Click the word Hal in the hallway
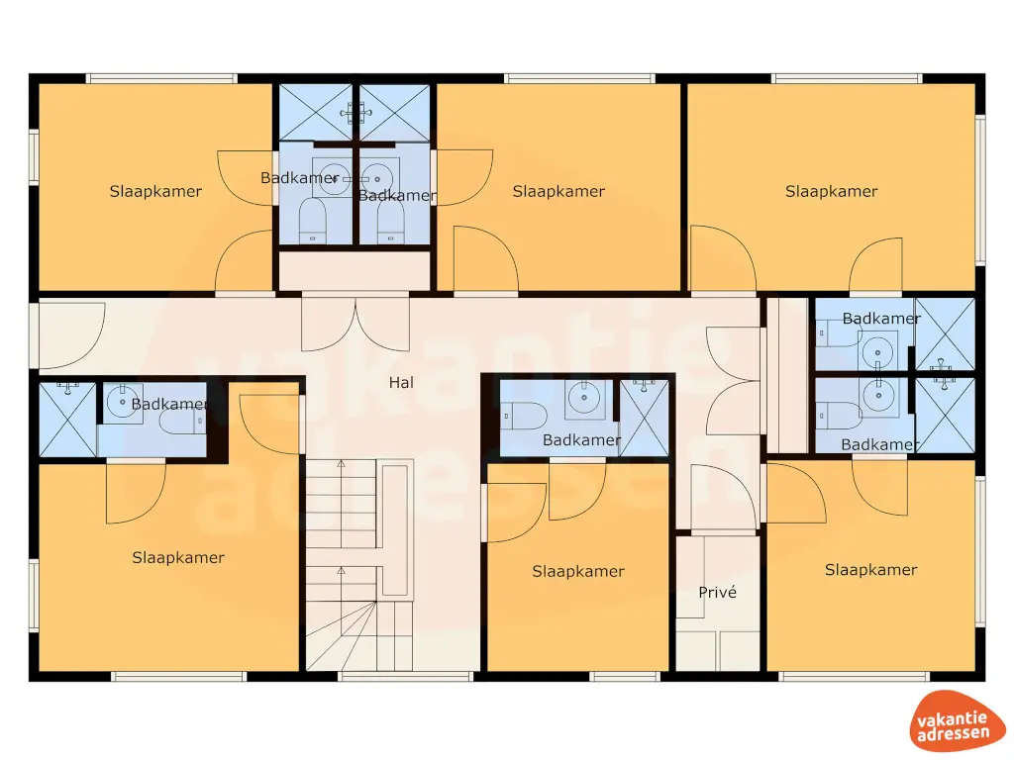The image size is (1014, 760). [401, 383]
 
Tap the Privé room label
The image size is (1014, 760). [717, 593]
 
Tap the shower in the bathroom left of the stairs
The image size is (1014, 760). [66, 420]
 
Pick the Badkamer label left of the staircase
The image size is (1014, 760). [168, 404]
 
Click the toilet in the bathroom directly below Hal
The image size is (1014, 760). [522, 417]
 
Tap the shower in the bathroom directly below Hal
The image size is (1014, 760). [645, 417]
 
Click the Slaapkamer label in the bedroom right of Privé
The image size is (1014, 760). [870, 570]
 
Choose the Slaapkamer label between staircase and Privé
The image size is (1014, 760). [578, 571]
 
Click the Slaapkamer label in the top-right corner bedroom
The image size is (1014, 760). [831, 192]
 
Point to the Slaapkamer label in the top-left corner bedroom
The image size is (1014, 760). [155, 192]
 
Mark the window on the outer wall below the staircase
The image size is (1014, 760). [406, 677]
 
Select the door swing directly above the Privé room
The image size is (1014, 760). [723, 498]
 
